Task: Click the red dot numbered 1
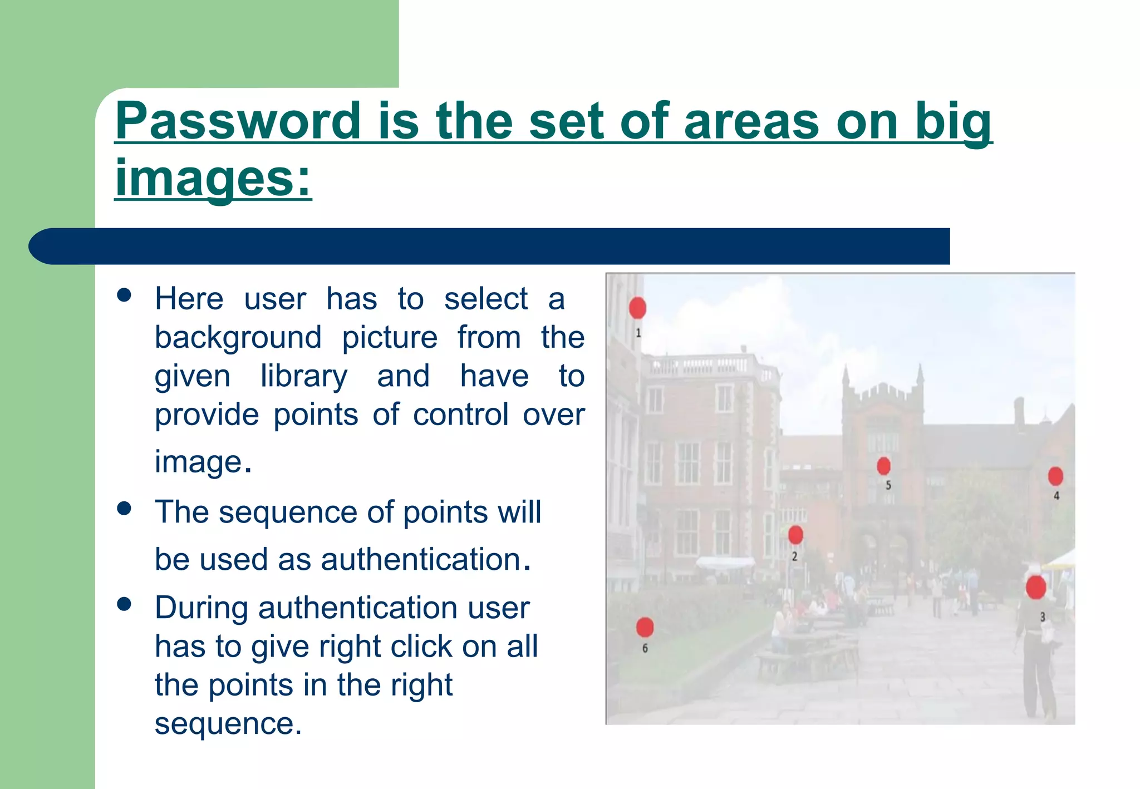(637, 308)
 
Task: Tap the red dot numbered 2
(795, 535)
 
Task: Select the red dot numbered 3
(1035, 588)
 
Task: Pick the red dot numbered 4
(1055, 476)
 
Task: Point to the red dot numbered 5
(883, 466)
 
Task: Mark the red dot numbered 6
(645, 627)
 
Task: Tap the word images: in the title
(213, 178)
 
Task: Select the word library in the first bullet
(304, 376)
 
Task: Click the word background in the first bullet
(238, 338)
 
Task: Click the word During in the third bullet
(201, 608)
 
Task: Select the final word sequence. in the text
(228, 724)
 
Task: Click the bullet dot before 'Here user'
(124, 295)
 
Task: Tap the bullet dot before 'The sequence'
(124, 508)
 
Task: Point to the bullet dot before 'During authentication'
(124, 604)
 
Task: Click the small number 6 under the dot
(645, 648)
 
